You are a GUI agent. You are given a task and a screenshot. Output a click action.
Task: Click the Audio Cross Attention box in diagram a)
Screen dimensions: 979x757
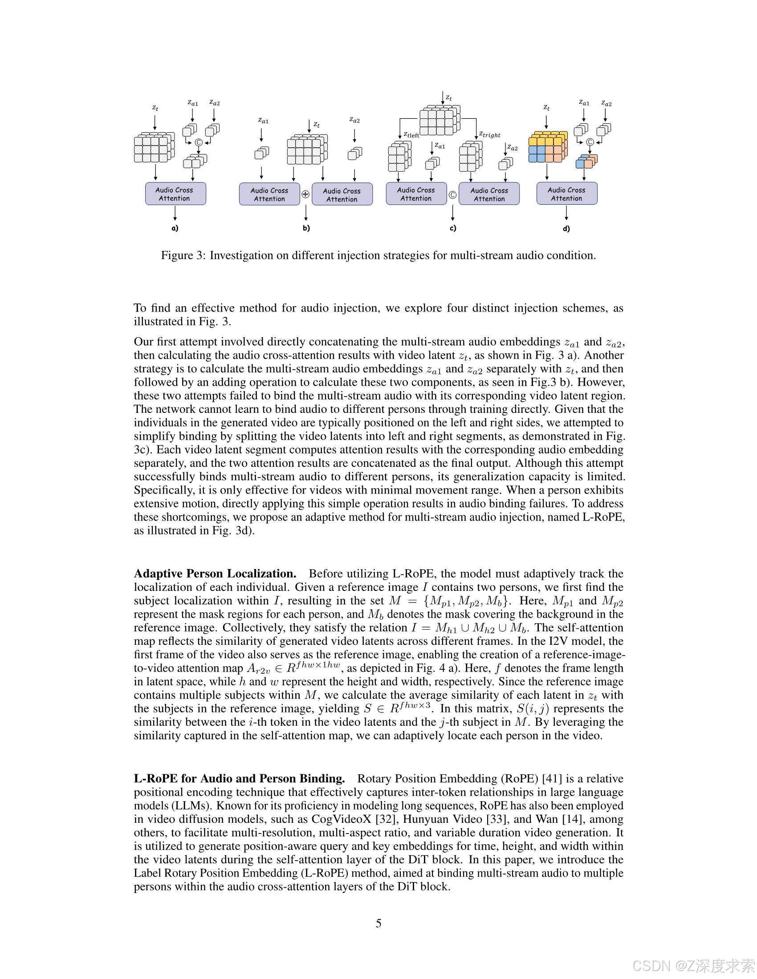(x=175, y=194)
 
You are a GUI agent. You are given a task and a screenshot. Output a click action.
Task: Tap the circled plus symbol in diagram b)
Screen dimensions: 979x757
(x=305, y=194)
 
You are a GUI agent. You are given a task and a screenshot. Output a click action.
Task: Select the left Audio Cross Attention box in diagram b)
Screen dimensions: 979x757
(x=269, y=194)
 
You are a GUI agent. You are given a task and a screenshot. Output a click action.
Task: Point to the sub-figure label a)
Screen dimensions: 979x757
(x=175, y=228)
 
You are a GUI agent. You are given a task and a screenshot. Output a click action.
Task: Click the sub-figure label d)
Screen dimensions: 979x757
(x=566, y=228)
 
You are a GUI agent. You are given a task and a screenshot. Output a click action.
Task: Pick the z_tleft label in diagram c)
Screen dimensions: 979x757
(x=411, y=134)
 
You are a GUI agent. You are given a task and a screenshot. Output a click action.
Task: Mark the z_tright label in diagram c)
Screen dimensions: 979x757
(x=489, y=134)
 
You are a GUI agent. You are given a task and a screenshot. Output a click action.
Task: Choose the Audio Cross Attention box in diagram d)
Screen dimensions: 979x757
(x=567, y=194)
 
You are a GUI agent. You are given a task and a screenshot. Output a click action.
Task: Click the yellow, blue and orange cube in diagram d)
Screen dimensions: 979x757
(x=548, y=147)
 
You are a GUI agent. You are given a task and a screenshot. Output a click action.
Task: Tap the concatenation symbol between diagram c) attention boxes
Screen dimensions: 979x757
(x=452, y=194)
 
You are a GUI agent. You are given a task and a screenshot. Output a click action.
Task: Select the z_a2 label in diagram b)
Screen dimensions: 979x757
(x=354, y=120)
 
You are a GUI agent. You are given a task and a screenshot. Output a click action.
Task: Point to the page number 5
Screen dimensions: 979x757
(x=378, y=923)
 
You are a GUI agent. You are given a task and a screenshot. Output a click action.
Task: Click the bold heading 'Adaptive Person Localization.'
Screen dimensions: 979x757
(x=215, y=574)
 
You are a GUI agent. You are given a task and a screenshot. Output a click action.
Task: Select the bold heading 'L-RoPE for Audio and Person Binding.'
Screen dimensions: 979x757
(x=239, y=779)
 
